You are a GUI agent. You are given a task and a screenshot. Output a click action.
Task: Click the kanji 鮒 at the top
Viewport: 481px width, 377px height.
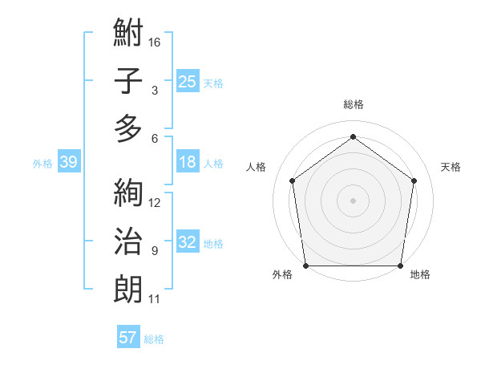point(129,34)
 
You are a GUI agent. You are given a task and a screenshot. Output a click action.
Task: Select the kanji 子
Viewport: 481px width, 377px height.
point(129,81)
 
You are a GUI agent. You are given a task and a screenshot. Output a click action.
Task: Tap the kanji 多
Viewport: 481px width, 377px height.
point(129,128)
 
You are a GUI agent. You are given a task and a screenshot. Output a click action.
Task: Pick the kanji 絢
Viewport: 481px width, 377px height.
point(129,193)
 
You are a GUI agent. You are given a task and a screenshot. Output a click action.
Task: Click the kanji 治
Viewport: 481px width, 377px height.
point(129,241)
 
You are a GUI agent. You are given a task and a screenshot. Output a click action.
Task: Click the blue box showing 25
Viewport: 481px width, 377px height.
point(187,81)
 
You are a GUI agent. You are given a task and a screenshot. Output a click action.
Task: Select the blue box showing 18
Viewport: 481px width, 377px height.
point(187,162)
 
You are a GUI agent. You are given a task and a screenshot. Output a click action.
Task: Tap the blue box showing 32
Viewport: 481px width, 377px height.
point(187,242)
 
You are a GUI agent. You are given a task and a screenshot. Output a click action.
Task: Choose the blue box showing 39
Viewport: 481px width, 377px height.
point(68,162)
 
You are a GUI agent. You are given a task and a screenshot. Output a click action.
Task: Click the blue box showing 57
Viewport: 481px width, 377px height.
point(127,338)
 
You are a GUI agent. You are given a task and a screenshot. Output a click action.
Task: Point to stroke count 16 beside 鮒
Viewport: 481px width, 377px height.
point(156,42)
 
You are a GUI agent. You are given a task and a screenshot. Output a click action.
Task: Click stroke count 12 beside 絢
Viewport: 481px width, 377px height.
point(156,202)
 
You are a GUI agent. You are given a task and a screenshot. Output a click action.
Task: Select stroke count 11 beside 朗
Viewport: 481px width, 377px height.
point(156,299)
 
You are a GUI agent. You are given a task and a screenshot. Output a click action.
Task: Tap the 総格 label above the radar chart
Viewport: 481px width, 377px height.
point(354,104)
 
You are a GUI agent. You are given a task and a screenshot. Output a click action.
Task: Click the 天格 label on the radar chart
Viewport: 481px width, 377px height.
point(451,167)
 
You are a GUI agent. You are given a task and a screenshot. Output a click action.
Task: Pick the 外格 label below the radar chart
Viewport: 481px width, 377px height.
point(282,275)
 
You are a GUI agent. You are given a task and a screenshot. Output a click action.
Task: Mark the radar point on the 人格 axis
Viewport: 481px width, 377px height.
point(292,180)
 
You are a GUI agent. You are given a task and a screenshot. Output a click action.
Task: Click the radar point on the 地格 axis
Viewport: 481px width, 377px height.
point(400,266)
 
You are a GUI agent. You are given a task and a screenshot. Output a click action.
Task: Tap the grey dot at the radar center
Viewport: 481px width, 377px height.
point(354,200)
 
